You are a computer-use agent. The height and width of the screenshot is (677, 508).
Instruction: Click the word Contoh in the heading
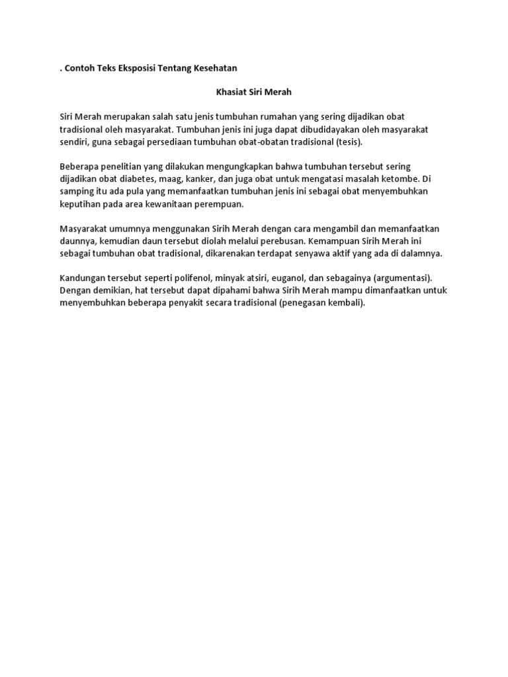[81, 68]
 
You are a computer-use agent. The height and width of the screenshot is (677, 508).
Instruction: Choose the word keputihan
[79, 204]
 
